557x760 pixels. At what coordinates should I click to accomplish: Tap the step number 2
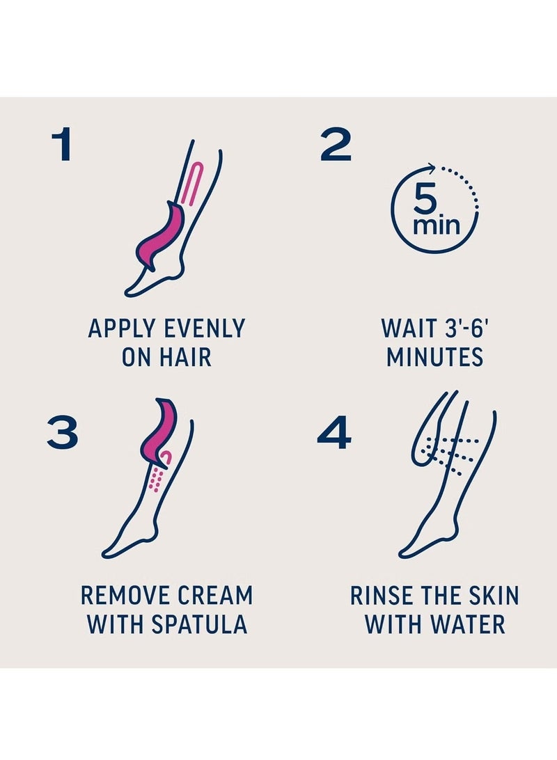tap(336, 144)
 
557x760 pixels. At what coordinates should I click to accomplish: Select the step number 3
tap(62, 432)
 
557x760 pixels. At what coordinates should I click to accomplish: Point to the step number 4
tap(334, 432)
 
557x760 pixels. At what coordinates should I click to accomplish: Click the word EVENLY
tap(205, 328)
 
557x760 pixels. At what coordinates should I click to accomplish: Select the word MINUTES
tap(435, 357)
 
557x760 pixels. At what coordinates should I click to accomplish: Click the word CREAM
tap(216, 596)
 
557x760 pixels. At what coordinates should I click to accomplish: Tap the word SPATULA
tap(200, 624)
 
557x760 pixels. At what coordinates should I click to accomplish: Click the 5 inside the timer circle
tap(425, 200)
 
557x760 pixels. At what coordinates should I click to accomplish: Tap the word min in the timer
tap(436, 225)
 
